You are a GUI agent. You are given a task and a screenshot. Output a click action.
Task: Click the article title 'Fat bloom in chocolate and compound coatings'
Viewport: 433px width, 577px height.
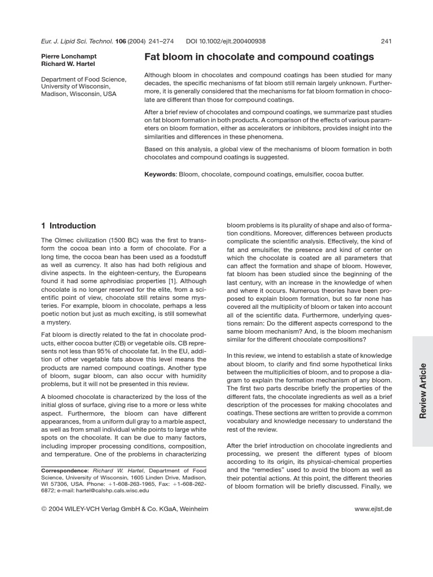pos(259,57)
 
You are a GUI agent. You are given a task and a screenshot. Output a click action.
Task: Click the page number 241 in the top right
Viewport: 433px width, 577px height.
pos(386,41)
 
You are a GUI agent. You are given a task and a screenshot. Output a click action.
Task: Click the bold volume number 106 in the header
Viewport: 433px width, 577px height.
pos(120,41)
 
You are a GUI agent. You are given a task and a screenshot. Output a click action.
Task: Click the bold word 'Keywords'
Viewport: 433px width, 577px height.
pos(160,175)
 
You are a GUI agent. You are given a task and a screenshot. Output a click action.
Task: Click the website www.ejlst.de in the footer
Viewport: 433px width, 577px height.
pos(373,509)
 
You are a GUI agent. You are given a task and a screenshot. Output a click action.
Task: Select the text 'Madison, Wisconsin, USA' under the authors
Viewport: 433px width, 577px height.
pos(78,94)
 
